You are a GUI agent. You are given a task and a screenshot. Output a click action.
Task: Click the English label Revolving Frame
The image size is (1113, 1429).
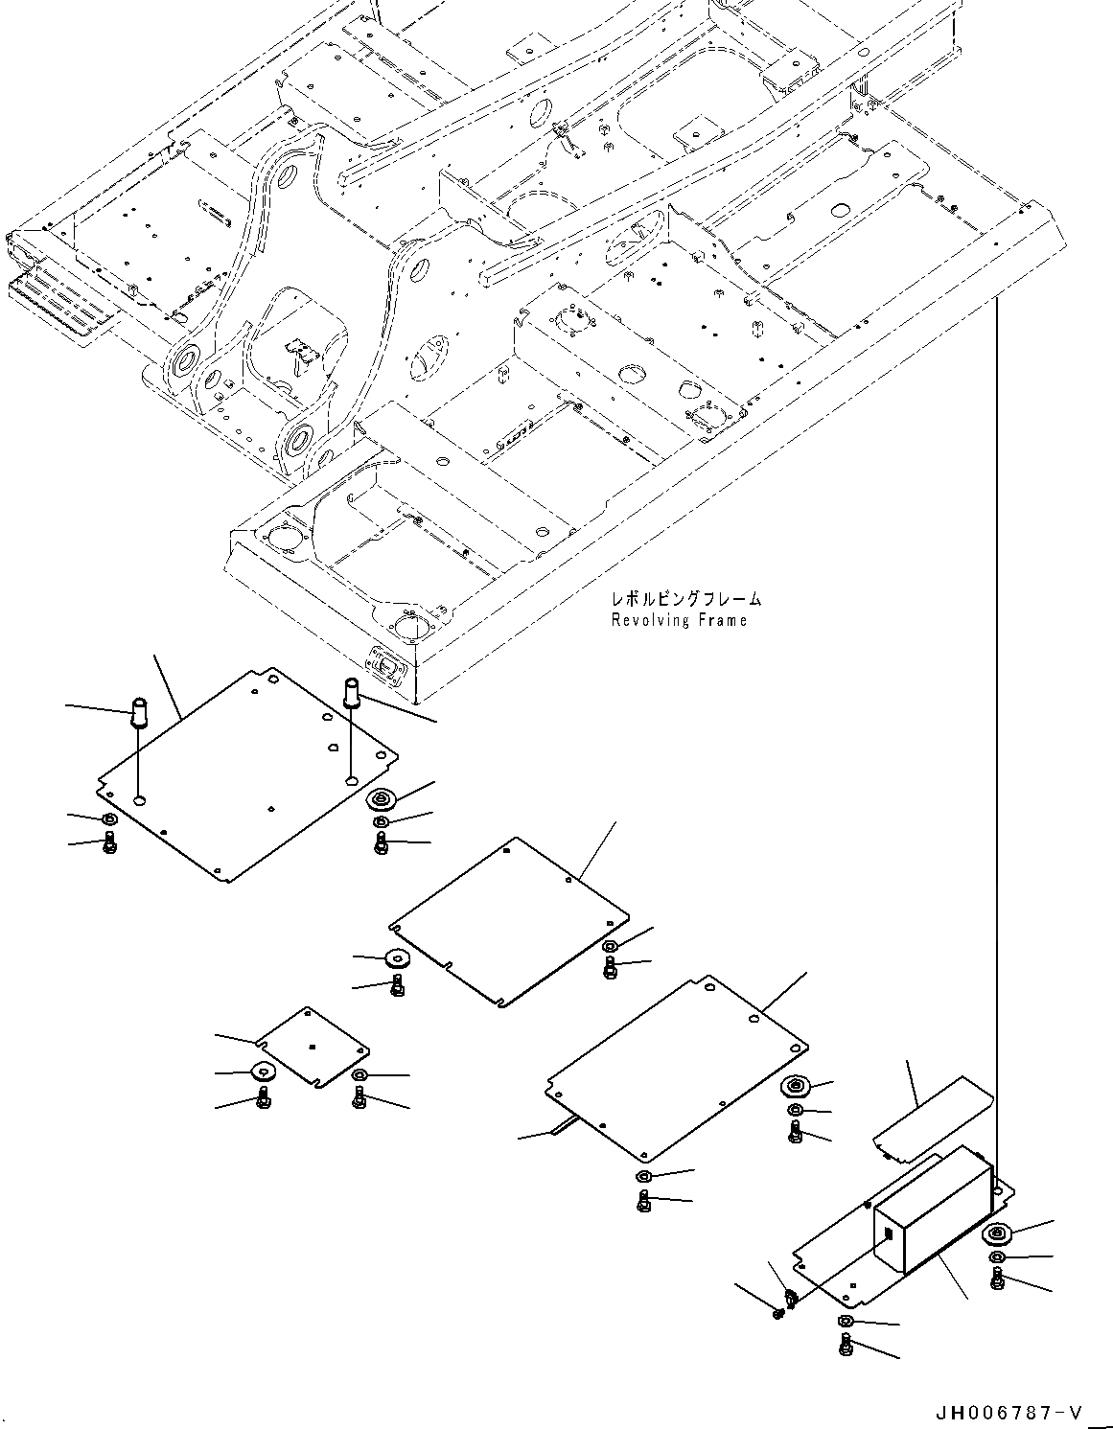(x=679, y=620)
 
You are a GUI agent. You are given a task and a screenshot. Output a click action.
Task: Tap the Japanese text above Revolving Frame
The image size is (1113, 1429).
(x=685, y=599)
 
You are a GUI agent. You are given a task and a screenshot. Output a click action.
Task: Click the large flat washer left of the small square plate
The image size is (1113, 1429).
(x=262, y=1072)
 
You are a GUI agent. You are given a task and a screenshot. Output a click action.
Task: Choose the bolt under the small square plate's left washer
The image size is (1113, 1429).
(x=263, y=1100)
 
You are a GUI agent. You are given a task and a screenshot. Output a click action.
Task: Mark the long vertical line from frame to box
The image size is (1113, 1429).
(x=996, y=728)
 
